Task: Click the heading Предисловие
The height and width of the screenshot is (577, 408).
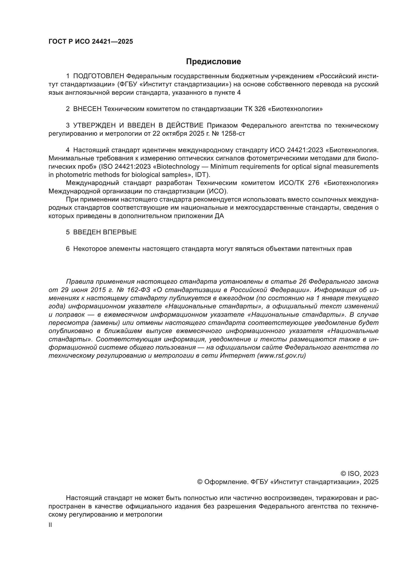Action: pos(213,62)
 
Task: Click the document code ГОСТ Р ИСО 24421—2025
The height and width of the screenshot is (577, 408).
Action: pos(91,42)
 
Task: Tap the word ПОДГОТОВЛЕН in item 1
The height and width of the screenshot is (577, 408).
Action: pos(98,76)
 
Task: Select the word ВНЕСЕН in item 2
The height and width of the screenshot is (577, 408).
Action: pos(87,109)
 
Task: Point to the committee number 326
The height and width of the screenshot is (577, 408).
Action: pos(260,109)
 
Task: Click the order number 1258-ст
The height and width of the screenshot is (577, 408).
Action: pos(233,134)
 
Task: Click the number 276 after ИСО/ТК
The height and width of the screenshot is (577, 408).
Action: pos(314,183)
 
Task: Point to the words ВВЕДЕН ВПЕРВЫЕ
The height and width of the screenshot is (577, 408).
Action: pos(105,232)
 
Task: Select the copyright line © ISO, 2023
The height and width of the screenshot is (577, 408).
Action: pos(359,474)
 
